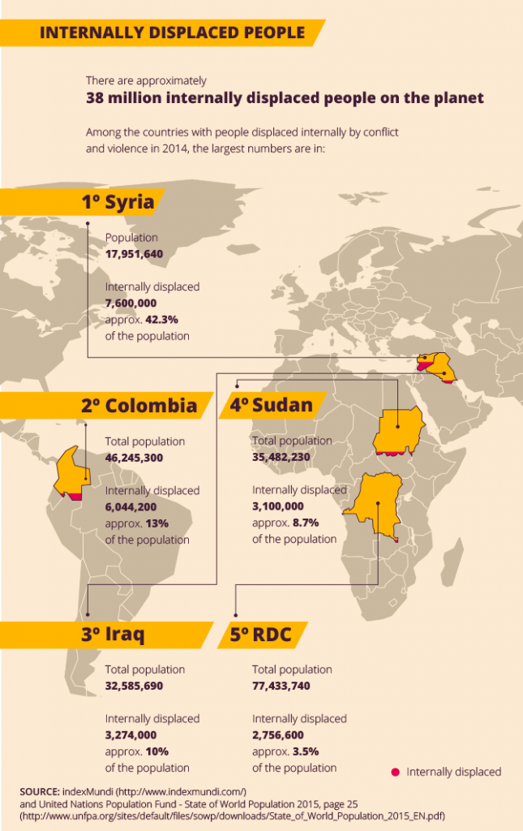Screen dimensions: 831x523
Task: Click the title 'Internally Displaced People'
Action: tap(172, 32)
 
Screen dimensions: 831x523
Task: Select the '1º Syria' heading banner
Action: tap(117, 202)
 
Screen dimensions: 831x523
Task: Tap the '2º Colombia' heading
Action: tap(139, 405)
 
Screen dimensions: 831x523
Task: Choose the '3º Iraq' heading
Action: tap(113, 635)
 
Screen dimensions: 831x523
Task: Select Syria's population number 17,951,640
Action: tap(135, 254)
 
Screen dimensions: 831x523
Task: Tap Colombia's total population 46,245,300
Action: tap(135, 458)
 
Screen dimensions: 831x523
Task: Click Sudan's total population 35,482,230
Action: tap(281, 457)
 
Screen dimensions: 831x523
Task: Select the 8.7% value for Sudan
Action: tap(305, 523)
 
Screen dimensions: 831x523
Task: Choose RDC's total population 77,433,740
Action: tap(281, 686)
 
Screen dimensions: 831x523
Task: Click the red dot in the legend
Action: tap(395, 772)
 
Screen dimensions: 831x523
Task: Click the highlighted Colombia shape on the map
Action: tap(71, 475)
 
